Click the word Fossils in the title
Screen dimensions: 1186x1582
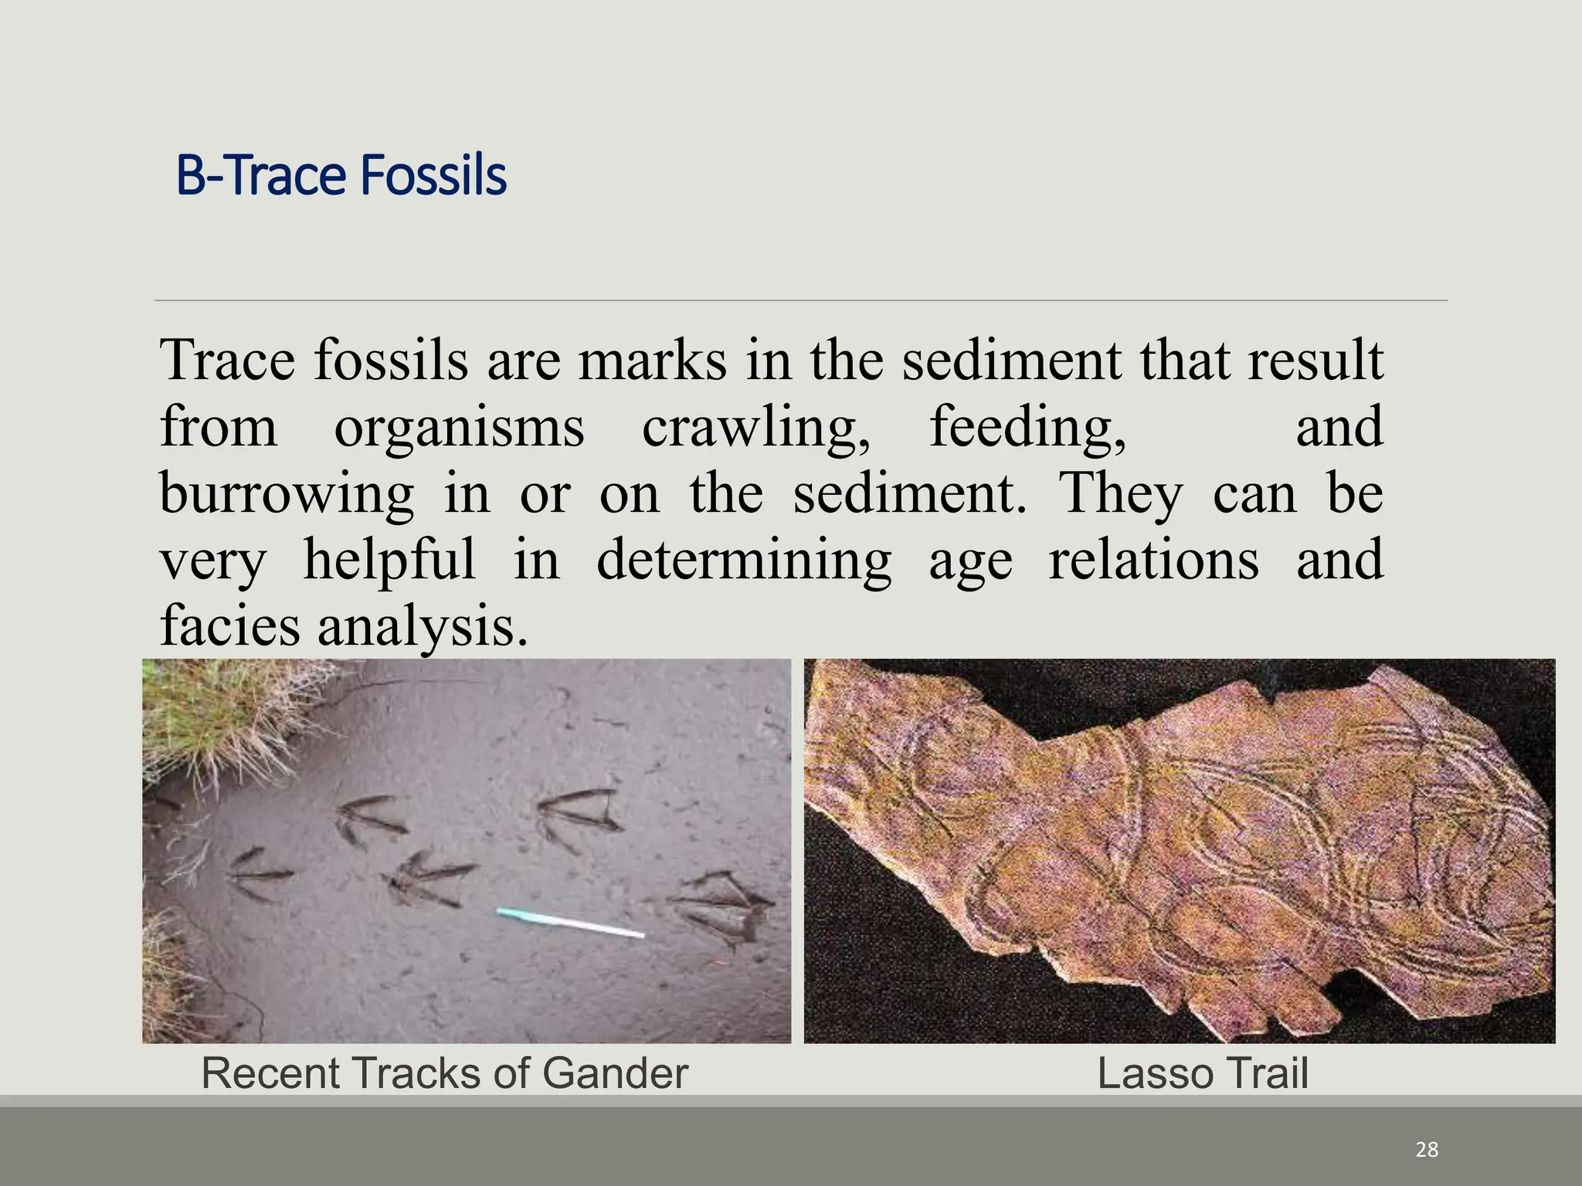pyautogui.click(x=433, y=176)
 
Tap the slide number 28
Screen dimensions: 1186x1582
pyautogui.click(x=1427, y=1150)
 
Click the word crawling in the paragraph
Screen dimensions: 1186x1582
pyautogui.click(x=755, y=427)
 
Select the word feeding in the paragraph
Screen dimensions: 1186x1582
pyautogui.click(x=1027, y=427)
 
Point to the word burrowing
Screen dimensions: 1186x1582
pyautogui.click(x=287, y=493)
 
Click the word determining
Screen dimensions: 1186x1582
pyautogui.click(x=744, y=560)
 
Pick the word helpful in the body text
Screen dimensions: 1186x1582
pyautogui.click(x=389, y=560)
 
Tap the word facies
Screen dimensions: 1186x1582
pyautogui.click(x=229, y=625)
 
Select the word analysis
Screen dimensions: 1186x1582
pyautogui.click(x=423, y=625)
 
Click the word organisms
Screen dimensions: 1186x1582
pyautogui.click(x=459, y=427)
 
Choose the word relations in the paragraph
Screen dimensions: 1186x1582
pyautogui.click(x=1153, y=560)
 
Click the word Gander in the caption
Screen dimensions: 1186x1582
pyautogui.click(x=615, y=1073)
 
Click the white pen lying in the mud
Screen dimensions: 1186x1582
pyautogui.click(x=570, y=923)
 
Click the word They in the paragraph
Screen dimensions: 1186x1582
pyautogui.click(x=1119, y=493)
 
